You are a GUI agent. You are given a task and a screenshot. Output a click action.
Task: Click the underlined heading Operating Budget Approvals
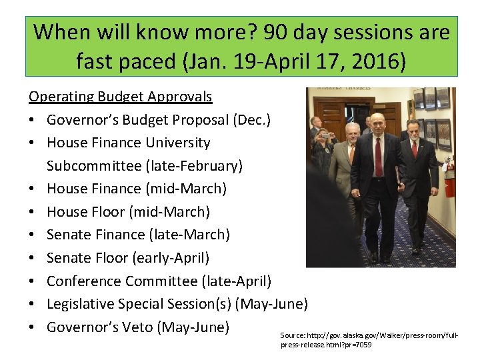click(x=120, y=97)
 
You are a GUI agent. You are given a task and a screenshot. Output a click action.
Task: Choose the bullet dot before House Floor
click(x=33, y=212)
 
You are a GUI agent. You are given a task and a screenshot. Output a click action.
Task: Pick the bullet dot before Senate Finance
click(x=33, y=235)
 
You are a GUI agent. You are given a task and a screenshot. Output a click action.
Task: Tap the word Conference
click(x=85, y=281)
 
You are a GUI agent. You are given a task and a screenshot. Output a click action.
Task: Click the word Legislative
click(x=80, y=304)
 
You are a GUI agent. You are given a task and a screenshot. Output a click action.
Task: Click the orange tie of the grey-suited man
click(x=351, y=154)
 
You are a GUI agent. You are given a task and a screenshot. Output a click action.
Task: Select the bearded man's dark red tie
click(x=414, y=149)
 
